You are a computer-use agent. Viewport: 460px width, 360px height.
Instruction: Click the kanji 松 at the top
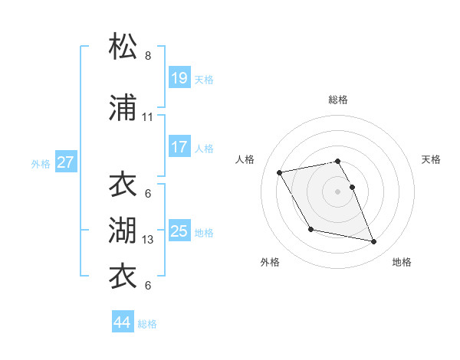coord(123,47)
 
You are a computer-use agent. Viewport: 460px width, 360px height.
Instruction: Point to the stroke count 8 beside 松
coord(148,56)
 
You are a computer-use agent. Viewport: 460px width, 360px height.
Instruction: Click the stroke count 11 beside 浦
coord(148,117)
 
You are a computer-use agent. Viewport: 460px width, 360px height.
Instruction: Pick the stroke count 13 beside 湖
coord(148,241)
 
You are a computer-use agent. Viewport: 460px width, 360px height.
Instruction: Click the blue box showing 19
coord(179,78)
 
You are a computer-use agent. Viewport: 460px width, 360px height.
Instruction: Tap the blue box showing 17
coord(179,147)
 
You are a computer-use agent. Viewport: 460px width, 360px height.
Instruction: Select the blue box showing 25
coord(179,231)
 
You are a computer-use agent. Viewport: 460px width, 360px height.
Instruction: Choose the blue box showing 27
coord(66,162)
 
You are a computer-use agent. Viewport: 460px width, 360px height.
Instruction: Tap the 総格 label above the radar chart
coord(338,100)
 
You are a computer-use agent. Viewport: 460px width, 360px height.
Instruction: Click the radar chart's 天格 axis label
coord(432,159)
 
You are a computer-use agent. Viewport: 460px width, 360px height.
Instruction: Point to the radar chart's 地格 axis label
coord(402,263)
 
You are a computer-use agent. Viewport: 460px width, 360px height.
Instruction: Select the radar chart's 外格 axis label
coord(270,263)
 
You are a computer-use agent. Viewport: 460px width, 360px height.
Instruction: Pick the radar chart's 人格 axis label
coord(245,159)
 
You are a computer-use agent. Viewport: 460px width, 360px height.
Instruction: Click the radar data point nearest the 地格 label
coord(374,242)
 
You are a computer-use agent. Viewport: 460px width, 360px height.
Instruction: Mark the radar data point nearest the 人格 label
coord(280,172)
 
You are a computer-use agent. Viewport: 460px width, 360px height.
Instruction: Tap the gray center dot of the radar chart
coord(338,191)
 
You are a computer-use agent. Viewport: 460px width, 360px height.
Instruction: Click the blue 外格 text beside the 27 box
coord(41,163)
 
